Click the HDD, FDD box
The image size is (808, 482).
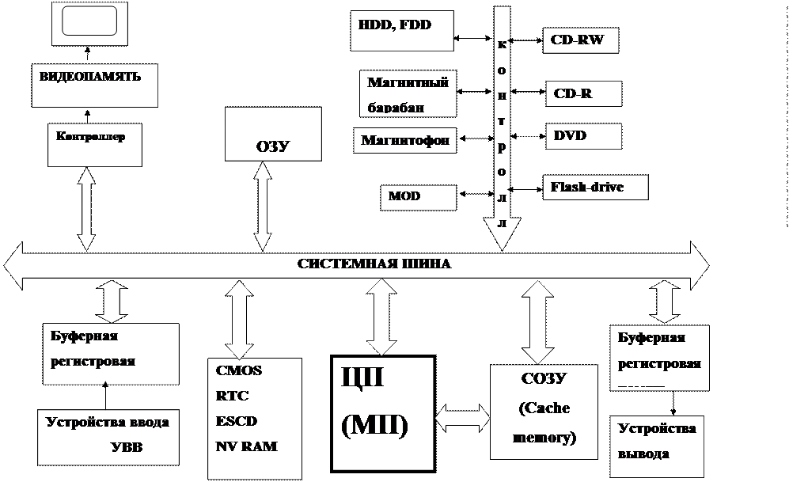coord(401,30)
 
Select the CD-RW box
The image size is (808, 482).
coord(580,40)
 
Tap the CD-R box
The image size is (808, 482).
coord(582,93)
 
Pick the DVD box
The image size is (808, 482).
coord(582,135)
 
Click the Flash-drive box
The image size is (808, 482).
coord(595,188)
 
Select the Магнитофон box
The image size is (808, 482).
coord(405,141)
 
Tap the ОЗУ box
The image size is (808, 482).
coord(273,134)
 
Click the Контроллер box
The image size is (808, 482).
coord(95,144)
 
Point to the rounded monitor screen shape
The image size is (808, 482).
coord(89,21)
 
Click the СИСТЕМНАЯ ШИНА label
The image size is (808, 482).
coord(374,264)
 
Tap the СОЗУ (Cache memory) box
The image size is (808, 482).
coord(544,410)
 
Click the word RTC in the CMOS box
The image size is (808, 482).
coord(227,396)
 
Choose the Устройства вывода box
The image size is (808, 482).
coord(657,442)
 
